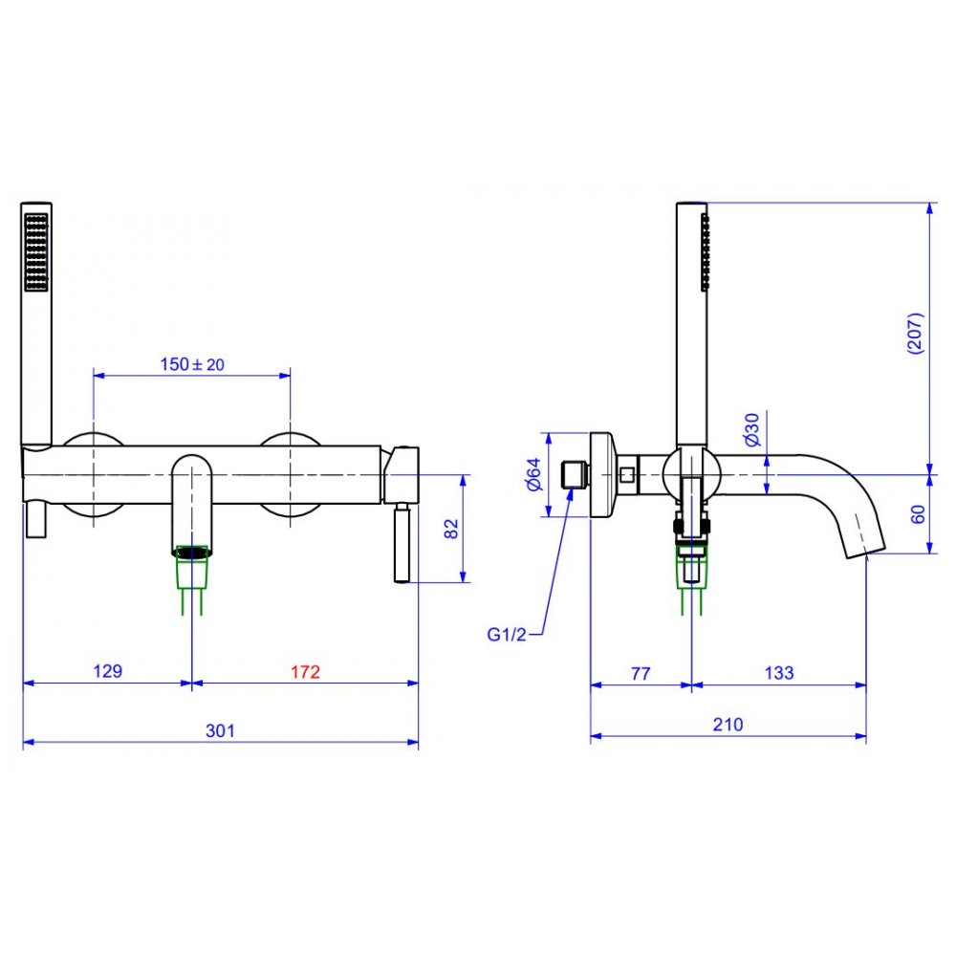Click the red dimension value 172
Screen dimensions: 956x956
click(x=305, y=671)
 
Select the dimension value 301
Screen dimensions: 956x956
click(x=220, y=730)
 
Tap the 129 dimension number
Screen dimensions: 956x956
click(x=107, y=671)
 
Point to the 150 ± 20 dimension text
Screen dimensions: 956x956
click(x=192, y=364)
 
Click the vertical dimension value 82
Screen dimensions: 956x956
click(x=451, y=528)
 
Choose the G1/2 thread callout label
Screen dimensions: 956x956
click(x=506, y=635)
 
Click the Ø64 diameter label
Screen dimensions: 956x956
click(x=533, y=474)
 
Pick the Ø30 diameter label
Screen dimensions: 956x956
click(x=752, y=429)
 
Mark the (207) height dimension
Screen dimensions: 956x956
click(x=916, y=333)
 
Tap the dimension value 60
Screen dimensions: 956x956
click(x=918, y=514)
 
